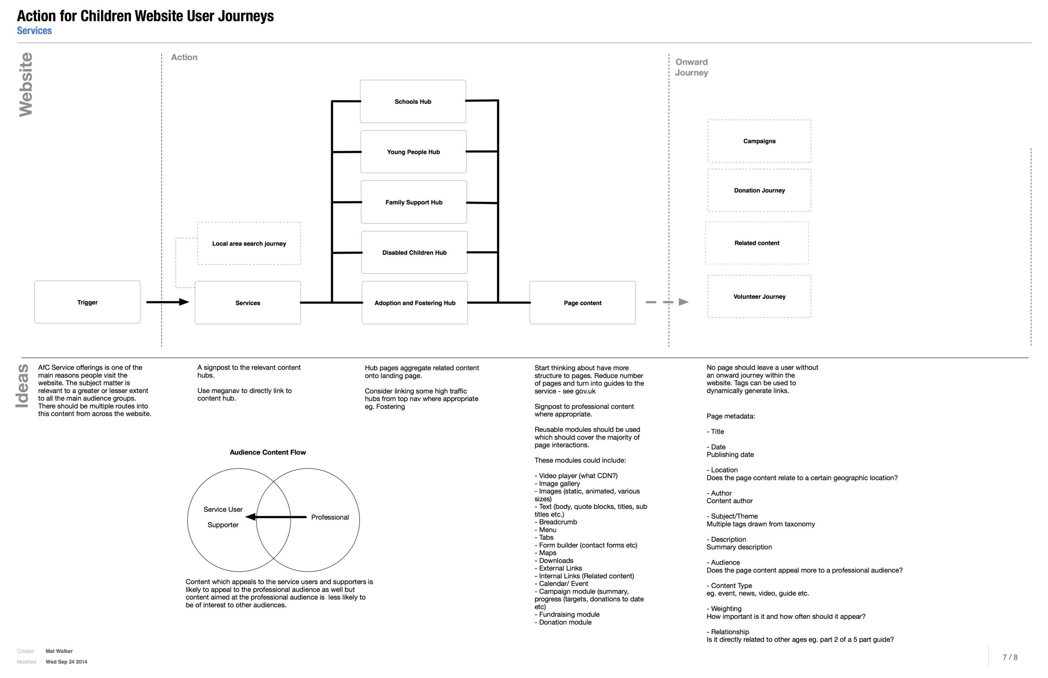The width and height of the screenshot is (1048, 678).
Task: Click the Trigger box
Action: (x=87, y=302)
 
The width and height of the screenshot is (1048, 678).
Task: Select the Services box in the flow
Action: (x=247, y=303)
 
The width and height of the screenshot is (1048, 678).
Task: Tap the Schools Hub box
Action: (x=412, y=101)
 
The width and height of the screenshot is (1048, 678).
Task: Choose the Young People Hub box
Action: (x=413, y=151)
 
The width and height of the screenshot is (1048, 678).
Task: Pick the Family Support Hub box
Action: (x=413, y=202)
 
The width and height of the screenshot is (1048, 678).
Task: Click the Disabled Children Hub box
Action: (x=414, y=252)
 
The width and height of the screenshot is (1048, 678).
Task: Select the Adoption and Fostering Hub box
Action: (x=414, y=303)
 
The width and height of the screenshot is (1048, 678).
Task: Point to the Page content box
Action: (x=582, y=303)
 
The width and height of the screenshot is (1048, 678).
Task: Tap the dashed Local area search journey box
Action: (x=249, y=243)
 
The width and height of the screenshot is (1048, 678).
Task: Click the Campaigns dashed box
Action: (x=759, y=141)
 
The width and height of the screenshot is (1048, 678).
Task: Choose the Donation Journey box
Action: (x=759, y=190)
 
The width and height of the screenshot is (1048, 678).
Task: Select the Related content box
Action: (x=756, y=243)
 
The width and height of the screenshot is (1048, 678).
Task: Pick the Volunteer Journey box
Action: (x=759, y=296)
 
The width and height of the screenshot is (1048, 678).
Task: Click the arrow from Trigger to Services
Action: (x=167, y=302)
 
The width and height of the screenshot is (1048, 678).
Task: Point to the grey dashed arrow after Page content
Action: (x=667, y=302)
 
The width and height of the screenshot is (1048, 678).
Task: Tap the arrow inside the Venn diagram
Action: (x=276, y=517)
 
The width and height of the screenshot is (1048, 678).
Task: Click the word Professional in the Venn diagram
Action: (x=329, y=517)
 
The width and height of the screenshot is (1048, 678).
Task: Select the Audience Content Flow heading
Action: (x=267, y=452)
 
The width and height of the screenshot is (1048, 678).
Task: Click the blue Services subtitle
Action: (x=34, y=30)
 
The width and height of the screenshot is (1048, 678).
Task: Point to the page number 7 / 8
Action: (x=1010, y=657)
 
